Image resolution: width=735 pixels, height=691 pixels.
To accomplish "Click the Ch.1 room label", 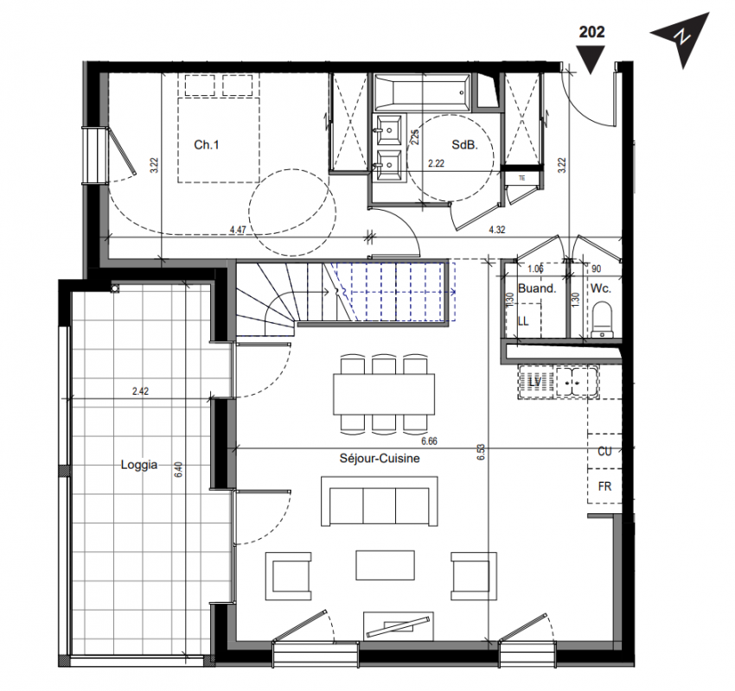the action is tap(207, 144).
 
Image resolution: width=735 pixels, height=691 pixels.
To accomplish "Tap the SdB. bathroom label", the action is tap(464, 144).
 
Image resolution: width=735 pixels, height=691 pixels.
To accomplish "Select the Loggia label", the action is tap(138, 465).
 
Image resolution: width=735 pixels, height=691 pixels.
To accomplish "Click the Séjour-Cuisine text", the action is tap(380, 459).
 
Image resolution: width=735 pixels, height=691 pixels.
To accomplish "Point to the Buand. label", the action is tap(537, 288).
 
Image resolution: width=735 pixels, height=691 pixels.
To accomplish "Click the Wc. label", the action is tap(600, 288).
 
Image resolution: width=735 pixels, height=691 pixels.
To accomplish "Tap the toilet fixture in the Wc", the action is tap(602, 320).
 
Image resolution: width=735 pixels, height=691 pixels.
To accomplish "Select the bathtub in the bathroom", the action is tap(421, 92).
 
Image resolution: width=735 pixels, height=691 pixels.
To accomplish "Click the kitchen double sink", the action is tap(576, 382).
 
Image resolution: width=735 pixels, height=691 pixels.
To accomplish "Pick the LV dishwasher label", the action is tap(534, 382).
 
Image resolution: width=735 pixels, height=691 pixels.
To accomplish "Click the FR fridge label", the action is tap(604, 486).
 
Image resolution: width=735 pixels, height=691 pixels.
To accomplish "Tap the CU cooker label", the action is tap(604, 451).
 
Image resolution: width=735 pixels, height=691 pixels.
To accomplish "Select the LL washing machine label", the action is tap(523, 321).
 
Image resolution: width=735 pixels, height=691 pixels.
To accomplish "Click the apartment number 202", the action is tap(591, 32).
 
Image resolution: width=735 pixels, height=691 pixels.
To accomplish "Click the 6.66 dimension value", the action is tap(429, 441).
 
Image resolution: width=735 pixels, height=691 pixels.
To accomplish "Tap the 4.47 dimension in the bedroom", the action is tap(238, 230).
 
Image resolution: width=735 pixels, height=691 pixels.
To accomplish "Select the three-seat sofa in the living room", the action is tap(380, 501).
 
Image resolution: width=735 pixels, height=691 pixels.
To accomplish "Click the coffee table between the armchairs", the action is tap(385, 565).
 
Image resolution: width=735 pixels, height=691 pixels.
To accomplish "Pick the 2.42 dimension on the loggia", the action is tap(140, 391).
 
